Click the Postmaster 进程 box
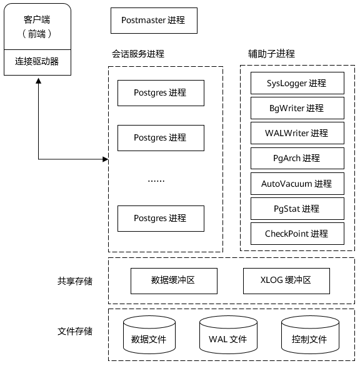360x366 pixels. (x=154, y=21)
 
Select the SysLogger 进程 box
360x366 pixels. (x=297, y=83)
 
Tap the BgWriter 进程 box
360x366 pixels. (x=297, y=108)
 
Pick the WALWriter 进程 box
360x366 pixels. (x=297, y=133)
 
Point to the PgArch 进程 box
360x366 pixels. (x=297, y=158)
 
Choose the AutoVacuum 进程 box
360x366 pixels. (x=297, y=184)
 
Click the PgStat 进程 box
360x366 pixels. (x=297, y=209)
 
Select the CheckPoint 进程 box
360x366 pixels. (x=297, y=234)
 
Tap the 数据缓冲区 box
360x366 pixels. (x=174, y=281)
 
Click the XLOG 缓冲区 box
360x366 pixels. (x=286, y=281)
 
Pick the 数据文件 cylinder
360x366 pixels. (x=149, y=335)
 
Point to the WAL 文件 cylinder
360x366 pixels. (x=228, y=335)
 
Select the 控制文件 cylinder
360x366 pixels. (x=310, y=335)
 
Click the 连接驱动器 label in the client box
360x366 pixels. (x=37, y=61)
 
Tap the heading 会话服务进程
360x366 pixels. (x=138, y=54)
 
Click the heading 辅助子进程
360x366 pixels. (x=271, y=54)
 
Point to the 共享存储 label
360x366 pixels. (x=75, y=281)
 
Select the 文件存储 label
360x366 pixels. (x=75, y=331)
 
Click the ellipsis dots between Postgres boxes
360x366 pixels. (x=156, y=181)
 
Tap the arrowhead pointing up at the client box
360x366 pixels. (x=39, y=81)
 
